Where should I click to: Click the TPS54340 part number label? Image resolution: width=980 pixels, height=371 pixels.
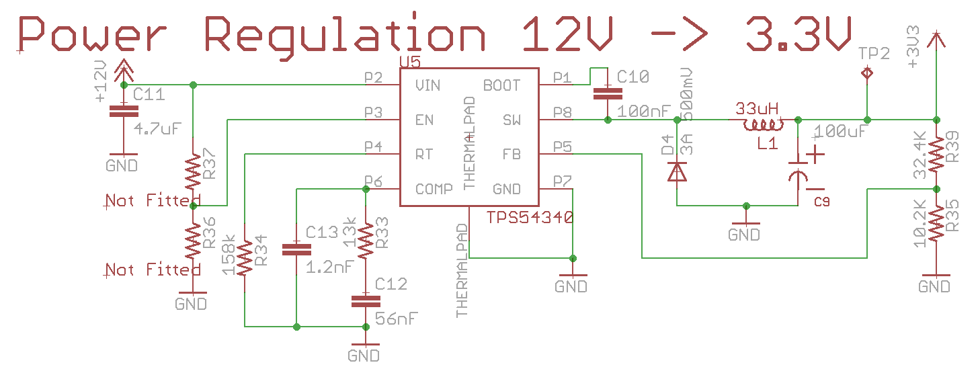[530, 218]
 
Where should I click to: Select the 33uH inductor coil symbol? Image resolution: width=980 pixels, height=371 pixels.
[763, 125]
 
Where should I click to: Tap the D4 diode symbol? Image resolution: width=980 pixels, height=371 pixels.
[677, 171]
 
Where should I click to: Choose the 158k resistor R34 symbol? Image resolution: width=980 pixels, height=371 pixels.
[245, 257]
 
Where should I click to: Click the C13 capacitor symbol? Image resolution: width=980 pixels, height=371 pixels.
[296, 249]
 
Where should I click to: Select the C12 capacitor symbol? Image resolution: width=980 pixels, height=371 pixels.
[365, 302]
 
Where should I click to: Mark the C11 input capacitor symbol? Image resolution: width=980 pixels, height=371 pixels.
[123, 111]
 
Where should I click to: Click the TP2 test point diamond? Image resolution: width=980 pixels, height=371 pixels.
[867, 72]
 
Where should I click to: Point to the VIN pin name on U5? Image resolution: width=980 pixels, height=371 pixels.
[428, 85]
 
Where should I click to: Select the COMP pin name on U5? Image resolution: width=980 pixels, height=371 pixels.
[434, 189]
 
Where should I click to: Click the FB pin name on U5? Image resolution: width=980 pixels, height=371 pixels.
[512, 155]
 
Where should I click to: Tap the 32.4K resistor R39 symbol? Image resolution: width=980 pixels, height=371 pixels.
[935, 155]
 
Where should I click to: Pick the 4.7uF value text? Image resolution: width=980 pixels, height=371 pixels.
[159, 128]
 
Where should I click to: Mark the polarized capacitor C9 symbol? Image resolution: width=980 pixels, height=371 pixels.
[799, 171]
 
